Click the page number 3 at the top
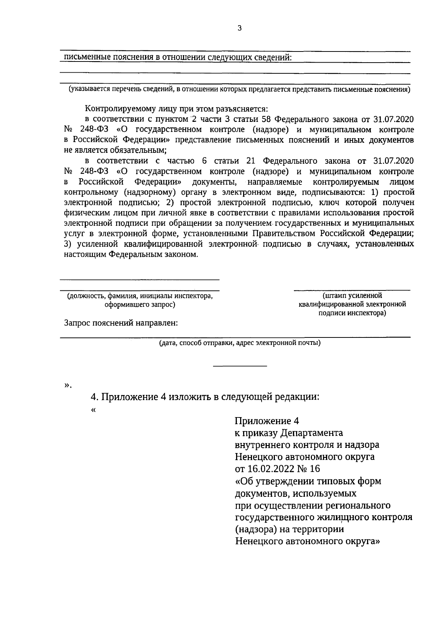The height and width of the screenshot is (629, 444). point(239,28)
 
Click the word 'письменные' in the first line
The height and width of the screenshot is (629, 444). point(82,58)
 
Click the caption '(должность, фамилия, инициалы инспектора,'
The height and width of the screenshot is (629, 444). point(140,296)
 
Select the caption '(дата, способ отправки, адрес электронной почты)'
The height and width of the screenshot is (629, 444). point(240,343)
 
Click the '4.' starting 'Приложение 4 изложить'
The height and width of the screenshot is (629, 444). point(95,397)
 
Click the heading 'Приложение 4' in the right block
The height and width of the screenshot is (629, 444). point(266,421)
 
